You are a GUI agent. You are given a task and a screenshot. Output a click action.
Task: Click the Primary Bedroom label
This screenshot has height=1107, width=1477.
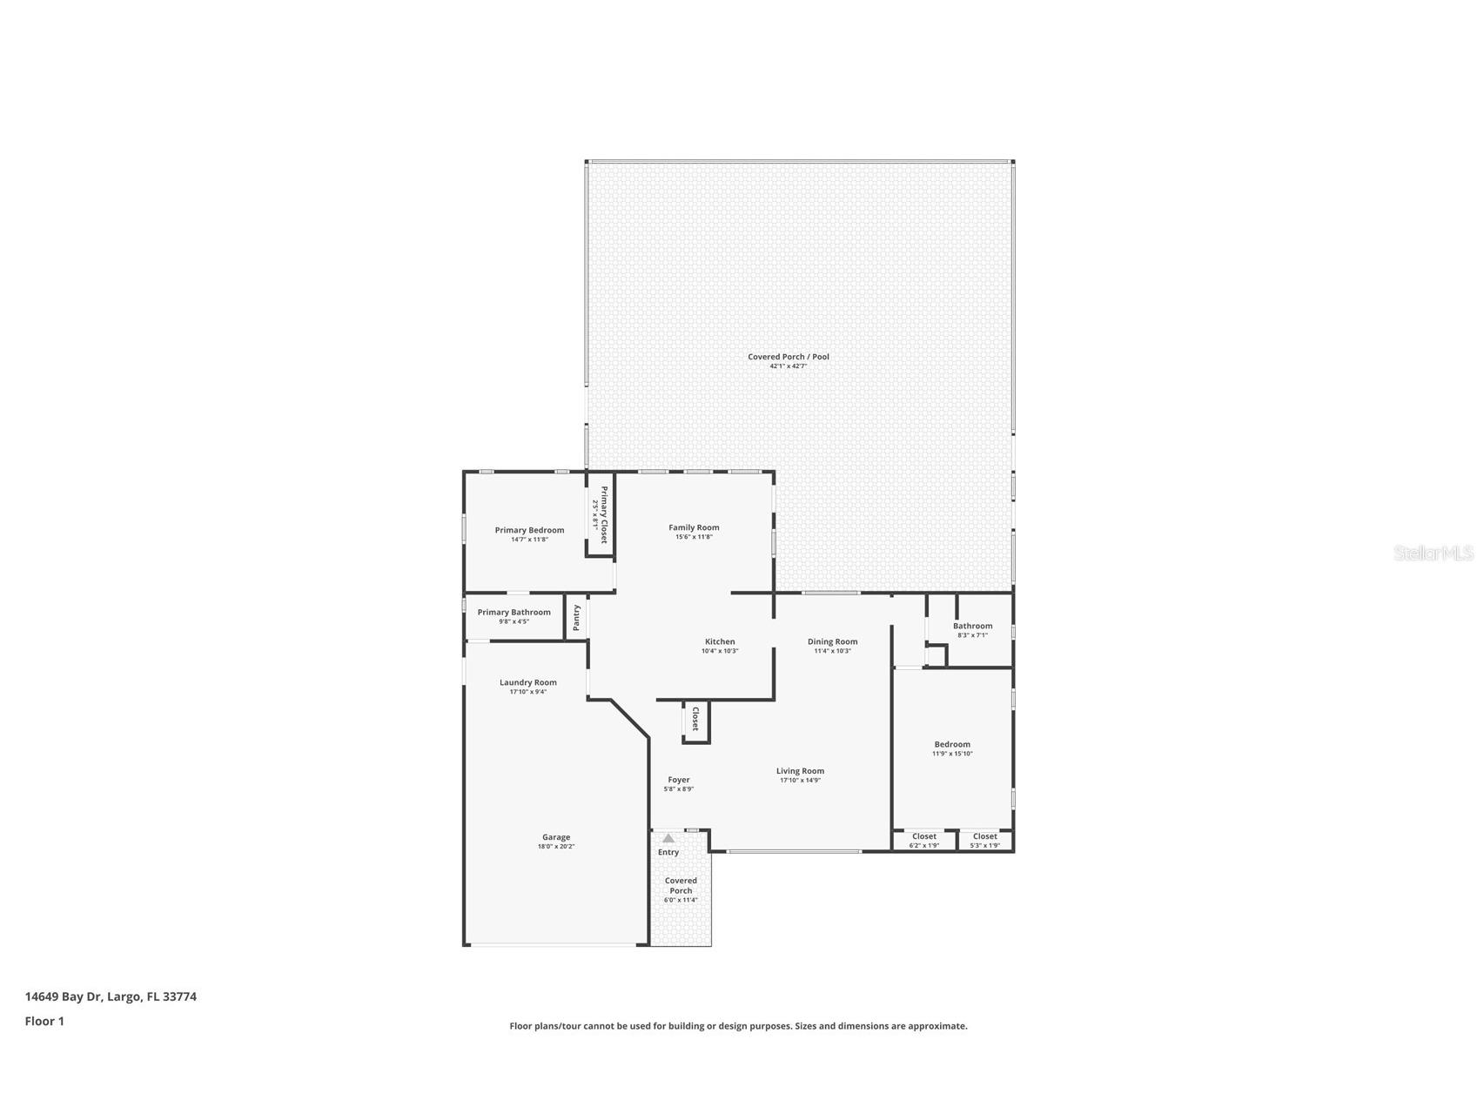[x=529, y=530]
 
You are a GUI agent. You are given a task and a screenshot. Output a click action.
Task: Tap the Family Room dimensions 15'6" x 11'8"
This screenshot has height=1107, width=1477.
[x=694, y=537]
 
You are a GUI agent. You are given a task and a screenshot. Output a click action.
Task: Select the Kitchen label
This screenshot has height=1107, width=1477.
[x=720, y=641]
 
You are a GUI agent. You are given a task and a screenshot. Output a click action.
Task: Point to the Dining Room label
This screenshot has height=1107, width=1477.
[x=832, y=641]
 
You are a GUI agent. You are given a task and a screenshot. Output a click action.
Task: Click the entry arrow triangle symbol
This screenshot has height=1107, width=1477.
[x=668, y=838]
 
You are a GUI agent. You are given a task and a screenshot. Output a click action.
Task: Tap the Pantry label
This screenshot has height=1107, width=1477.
[x=576, y=618]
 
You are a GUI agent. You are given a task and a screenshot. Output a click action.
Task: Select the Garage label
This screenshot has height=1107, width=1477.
[x=556, y=837]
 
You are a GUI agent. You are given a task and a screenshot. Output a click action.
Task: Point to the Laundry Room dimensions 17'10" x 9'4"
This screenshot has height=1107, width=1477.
[x=527, y=692]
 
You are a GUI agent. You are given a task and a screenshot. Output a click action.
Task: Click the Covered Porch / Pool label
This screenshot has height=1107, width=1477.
[x=789, y=357]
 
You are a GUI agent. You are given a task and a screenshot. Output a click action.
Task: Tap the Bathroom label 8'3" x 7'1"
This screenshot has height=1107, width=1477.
[x=972, y=626]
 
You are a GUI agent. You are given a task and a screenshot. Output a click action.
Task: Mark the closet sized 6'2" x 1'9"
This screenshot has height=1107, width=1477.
[x=924, y=840]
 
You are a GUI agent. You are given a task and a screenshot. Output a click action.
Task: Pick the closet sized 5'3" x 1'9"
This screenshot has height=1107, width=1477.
[x=985, y=840]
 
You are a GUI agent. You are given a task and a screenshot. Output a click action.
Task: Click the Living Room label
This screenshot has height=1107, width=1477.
[x=800, y=771]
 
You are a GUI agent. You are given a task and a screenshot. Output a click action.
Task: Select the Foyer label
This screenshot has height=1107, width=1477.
[x=679, y=780]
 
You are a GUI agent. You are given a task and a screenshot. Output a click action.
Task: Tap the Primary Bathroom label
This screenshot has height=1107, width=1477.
[x=514, y=612]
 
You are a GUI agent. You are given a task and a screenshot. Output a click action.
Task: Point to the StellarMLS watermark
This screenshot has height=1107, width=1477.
[x=1433, y=553]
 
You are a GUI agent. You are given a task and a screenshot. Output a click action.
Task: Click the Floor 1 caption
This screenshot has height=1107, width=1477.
[x=44, y=1021]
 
